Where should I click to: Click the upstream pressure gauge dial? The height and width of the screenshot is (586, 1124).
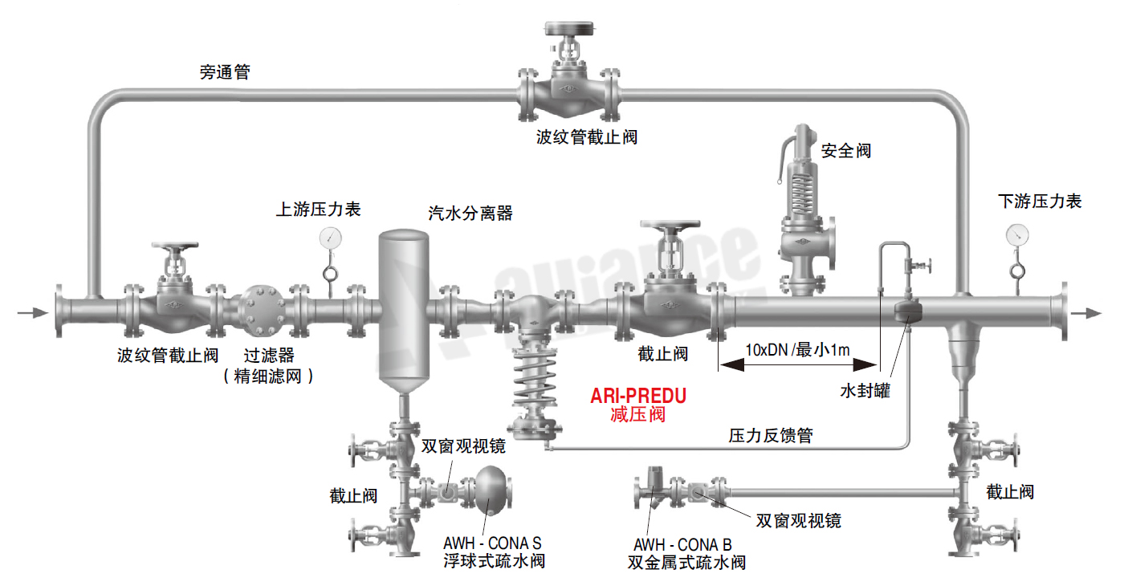point(330,238)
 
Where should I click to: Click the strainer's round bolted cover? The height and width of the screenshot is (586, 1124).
point(259,308)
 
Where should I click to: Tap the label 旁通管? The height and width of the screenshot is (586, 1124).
point(225,72)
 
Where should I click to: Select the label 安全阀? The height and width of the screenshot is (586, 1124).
point(845,150)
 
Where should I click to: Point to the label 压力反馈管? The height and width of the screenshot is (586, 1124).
point(770,436)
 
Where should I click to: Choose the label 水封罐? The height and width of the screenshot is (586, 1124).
point(865,391)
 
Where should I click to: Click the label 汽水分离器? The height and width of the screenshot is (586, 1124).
point(470,214)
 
